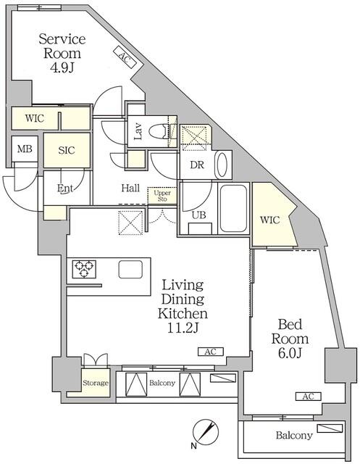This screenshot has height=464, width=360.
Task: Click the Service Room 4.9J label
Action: tap(62, 53)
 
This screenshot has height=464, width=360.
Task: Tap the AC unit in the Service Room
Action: tap(125, 58)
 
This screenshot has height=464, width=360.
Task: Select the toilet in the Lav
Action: tap(160, 132)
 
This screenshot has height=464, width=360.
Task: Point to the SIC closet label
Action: tap(67, 150)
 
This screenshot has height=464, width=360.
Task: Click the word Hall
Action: tap(130, 188)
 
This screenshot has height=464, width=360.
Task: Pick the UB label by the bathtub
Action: tap(198, 215)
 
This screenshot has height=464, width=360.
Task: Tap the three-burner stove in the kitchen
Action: tap(83, 270)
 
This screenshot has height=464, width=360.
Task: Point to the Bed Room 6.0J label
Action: tap(290, 339)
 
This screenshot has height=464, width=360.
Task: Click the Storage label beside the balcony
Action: tap(95, 383)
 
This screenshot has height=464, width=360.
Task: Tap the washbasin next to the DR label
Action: tap(223, 165)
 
